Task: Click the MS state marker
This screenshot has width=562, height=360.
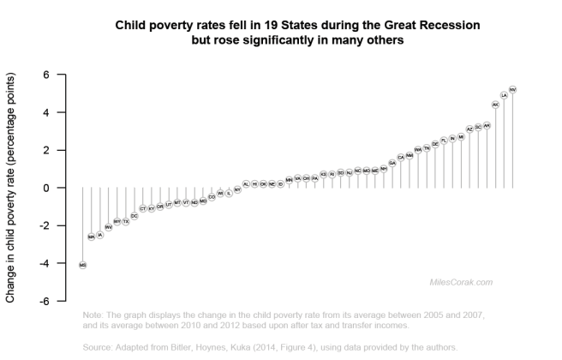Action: (83, 266)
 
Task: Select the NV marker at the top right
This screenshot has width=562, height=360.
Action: (512, 89)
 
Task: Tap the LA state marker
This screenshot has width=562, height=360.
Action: (504, 96)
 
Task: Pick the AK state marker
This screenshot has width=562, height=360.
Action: (495, 105)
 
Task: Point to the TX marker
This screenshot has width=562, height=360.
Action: (126, 221)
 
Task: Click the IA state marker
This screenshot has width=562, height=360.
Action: (100, 235)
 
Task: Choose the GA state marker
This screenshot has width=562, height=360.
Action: (392, 162)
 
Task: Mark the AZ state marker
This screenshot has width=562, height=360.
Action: (469, 129)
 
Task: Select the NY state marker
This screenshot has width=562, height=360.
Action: (237, 189)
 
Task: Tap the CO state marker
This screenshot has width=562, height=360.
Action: (212, 196)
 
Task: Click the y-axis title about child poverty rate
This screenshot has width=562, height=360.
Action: (11, 189)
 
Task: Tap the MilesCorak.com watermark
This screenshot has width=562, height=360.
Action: (461, 281)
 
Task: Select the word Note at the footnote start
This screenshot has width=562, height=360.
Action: (93, 315)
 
